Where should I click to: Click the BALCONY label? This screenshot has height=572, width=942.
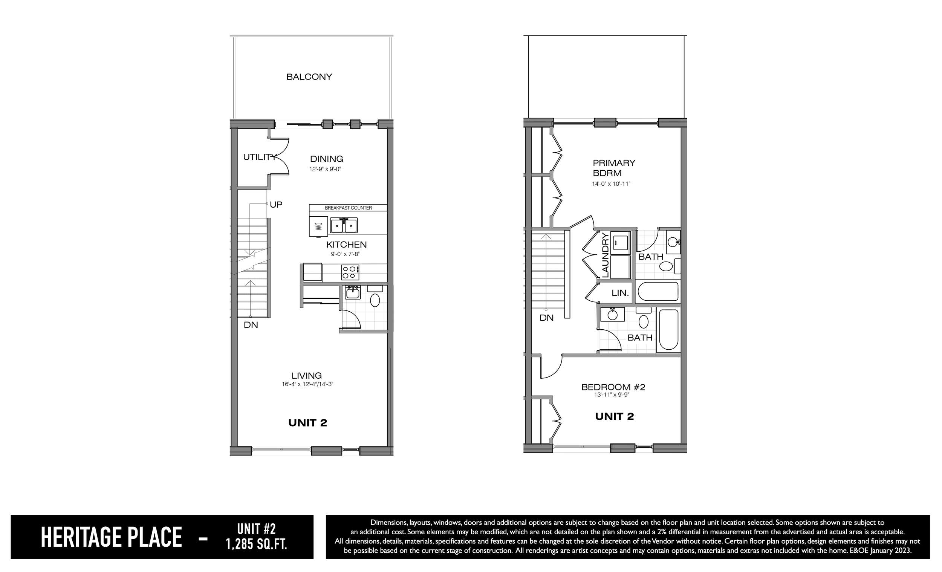click(309, 77)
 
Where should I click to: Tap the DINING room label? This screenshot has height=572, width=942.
click(326, 159)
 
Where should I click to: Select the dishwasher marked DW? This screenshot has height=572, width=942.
click(318, 227)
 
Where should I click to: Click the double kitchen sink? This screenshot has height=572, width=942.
click(344, 226)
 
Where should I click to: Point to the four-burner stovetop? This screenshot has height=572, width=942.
click(350, 272)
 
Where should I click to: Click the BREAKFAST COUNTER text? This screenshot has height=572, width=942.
click(348, 208)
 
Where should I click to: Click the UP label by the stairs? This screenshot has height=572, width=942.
click(276, 205)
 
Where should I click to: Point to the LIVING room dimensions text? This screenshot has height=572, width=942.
click(307, 384)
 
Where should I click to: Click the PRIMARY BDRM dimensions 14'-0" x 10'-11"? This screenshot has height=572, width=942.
click(611, 184)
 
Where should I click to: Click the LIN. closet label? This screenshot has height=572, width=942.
click(620, 293)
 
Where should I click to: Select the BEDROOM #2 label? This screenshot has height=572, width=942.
click(613, 387)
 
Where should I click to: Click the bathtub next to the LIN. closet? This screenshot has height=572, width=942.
click(658, 291)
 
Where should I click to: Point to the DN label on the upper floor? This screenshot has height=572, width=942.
click(546, 318)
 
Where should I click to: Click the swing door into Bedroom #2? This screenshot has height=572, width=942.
click(551, 366)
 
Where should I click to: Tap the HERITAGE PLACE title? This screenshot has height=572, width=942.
click(111, 537)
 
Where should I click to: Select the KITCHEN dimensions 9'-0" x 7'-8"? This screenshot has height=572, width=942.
click(345, 254)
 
